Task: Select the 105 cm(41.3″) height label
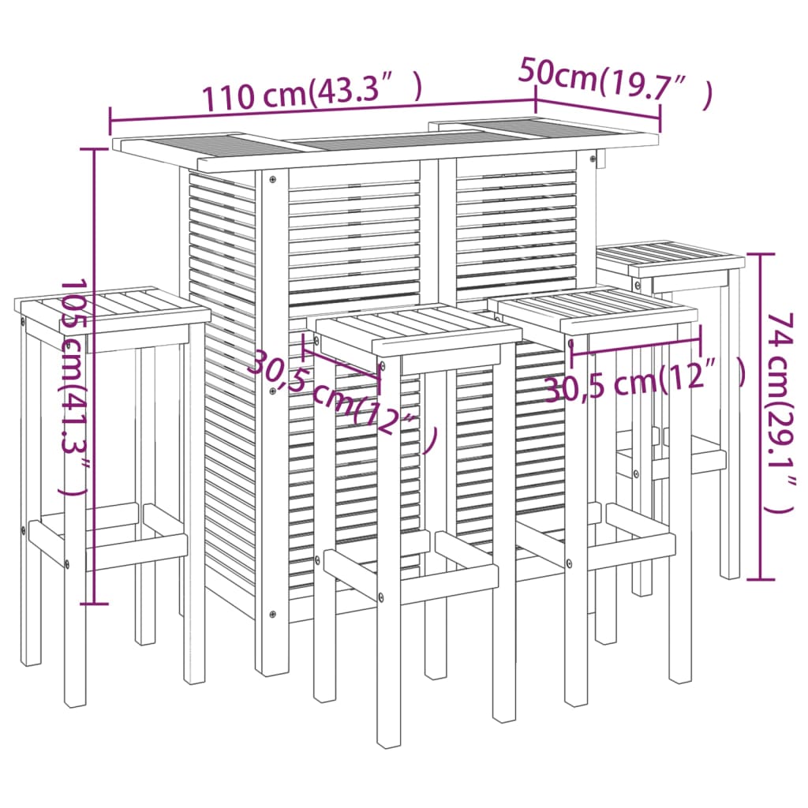click(x=74, y=387)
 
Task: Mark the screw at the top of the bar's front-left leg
click(x=272, y=179)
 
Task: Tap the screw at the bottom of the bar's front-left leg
click(x=272, y=614)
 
